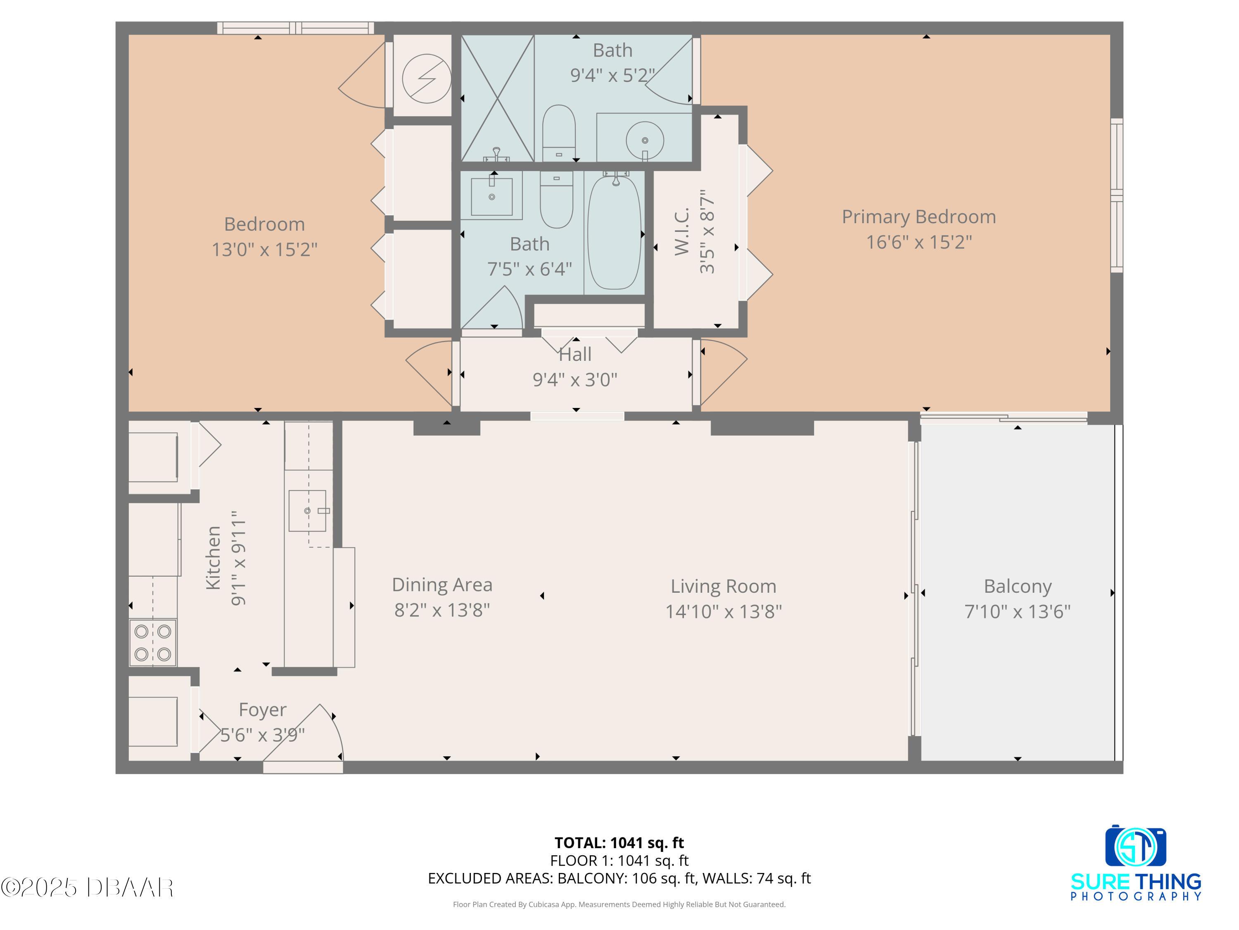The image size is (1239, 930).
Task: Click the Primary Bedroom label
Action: click(919, 217)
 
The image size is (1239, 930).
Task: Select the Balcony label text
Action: click(1017, 587)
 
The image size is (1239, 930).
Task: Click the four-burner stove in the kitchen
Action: click(152, 642)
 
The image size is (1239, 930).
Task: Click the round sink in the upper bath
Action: click(645, 140)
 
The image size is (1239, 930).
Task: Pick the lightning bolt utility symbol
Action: click(426, 79)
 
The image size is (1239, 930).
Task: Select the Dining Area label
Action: click(442, 585)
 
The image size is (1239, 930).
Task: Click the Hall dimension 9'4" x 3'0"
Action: click(575, 379)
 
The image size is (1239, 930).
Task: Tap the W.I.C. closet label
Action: click(682, 231)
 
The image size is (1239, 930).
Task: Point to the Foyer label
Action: click(262, 710)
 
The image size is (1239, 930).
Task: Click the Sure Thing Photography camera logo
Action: click(1135, 846)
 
